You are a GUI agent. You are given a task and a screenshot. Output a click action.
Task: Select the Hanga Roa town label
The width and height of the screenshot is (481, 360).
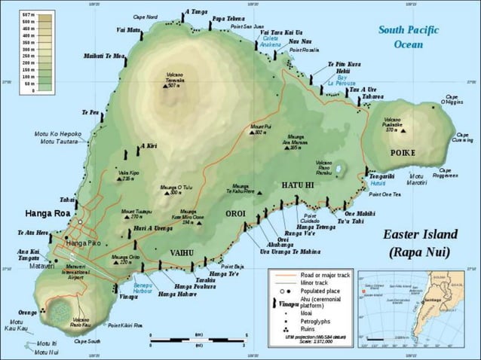[47, 213]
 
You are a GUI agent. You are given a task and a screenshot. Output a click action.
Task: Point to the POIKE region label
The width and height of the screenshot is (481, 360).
[403, 152]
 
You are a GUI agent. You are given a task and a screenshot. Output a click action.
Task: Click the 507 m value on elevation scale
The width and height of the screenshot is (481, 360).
[27, 15]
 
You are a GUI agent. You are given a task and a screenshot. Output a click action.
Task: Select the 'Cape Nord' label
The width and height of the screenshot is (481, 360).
[146, 17]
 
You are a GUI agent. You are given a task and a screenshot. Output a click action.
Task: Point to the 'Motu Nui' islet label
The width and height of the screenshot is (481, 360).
[47, 351]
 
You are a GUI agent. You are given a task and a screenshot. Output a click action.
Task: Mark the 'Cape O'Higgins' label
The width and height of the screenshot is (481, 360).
[452, 99]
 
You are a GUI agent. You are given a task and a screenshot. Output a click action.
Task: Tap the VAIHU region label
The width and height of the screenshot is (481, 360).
[182, 252]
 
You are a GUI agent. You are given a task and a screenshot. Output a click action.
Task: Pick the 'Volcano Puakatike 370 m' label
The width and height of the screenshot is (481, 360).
[391, 124]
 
